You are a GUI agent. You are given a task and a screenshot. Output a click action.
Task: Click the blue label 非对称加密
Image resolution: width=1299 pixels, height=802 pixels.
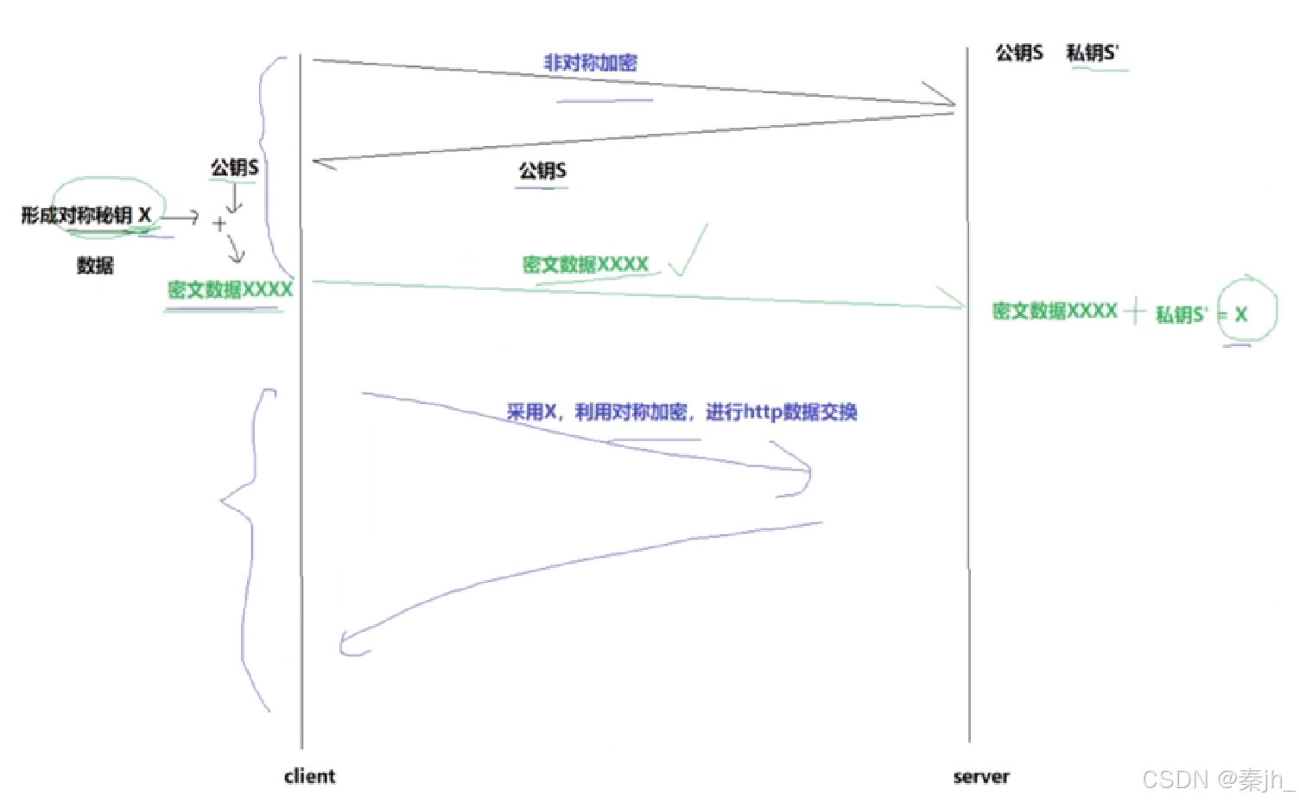tap(590, 63)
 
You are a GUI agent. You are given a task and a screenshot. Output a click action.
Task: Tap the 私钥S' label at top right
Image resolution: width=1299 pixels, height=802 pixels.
tap(1093, 54)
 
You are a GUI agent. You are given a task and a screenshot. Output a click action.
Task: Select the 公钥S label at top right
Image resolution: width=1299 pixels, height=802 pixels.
tap(1019, 54)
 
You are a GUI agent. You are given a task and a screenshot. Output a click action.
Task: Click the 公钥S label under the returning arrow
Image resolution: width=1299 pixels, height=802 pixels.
tap(542, 171)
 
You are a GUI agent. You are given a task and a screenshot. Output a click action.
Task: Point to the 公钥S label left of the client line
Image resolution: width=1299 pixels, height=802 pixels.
tap(235, 167)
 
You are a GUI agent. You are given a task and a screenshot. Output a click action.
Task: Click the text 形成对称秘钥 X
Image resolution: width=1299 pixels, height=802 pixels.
tap(86, 215)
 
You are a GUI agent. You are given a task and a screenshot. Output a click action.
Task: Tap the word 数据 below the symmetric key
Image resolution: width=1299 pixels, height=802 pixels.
tap(95, 266)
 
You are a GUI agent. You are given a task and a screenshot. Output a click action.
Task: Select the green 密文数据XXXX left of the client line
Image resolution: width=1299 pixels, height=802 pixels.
tap(231, 290)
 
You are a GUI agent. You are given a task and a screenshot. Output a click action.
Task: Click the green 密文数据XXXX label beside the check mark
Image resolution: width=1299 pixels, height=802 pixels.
tap(586, 265)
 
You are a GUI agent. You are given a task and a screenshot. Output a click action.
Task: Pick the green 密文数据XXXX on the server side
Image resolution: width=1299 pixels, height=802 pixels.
tap(1055, 312)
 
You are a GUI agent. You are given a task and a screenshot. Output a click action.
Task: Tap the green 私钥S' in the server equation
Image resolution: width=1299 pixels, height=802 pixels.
tap(1181, 315)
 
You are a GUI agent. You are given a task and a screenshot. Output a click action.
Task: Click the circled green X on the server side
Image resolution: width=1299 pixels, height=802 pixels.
tap(1241, 315)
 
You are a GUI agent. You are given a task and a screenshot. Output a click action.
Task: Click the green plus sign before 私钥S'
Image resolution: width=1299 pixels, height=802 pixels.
tap(1135, 311)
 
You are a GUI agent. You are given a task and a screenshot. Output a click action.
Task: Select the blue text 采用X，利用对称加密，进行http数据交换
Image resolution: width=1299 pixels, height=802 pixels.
tap(681, 413)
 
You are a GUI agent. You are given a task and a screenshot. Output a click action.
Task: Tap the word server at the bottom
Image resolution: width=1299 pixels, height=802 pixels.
tap(981, 777)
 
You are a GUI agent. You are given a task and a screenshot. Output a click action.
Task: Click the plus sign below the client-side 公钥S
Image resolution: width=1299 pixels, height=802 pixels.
tap(219, 224)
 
